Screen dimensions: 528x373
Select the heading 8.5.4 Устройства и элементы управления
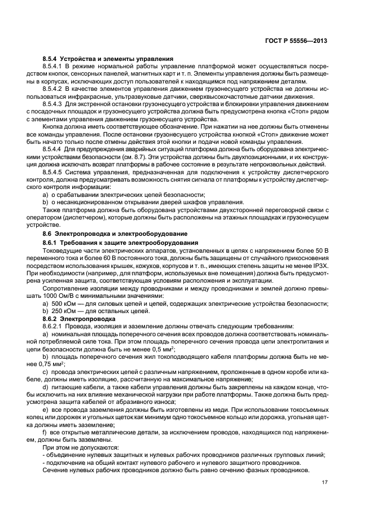(108, 59)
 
